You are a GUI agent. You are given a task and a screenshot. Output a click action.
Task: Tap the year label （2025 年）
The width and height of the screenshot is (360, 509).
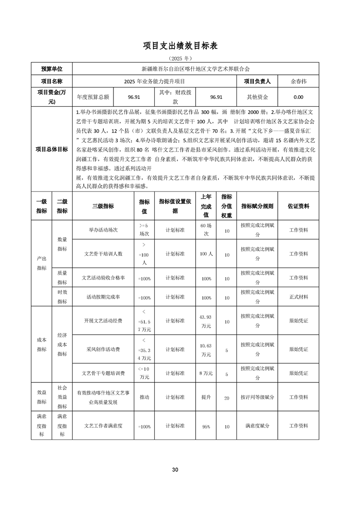(180, 59)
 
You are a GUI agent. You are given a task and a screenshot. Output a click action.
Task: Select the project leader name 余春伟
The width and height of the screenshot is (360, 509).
(298, 82)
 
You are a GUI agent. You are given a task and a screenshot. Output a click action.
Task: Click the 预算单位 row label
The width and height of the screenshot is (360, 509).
(52, 69)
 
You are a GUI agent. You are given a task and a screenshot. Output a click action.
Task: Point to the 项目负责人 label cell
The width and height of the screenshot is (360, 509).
(257, 82)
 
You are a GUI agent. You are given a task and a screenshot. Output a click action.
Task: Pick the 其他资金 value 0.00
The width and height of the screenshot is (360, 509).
(298, 97)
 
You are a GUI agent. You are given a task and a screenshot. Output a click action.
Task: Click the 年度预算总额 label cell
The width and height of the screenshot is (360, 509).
(93, 97)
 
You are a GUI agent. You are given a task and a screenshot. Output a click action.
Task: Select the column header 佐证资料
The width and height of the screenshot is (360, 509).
(298, 206)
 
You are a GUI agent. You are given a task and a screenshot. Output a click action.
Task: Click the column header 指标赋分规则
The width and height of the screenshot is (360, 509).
(257, 206)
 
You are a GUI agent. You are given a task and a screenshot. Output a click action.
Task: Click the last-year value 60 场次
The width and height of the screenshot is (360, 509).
(206, 230)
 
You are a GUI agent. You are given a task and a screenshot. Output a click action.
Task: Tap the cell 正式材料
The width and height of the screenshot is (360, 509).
(298, 297)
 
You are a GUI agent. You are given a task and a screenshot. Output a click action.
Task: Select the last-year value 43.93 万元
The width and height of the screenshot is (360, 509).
(206, 321)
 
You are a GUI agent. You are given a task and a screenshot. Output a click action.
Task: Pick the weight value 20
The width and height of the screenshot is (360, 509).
(227, 397)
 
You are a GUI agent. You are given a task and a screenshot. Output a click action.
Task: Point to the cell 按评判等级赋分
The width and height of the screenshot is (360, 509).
(257, 397)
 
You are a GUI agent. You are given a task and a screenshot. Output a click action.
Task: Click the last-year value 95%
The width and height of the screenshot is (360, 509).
(206, 426)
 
